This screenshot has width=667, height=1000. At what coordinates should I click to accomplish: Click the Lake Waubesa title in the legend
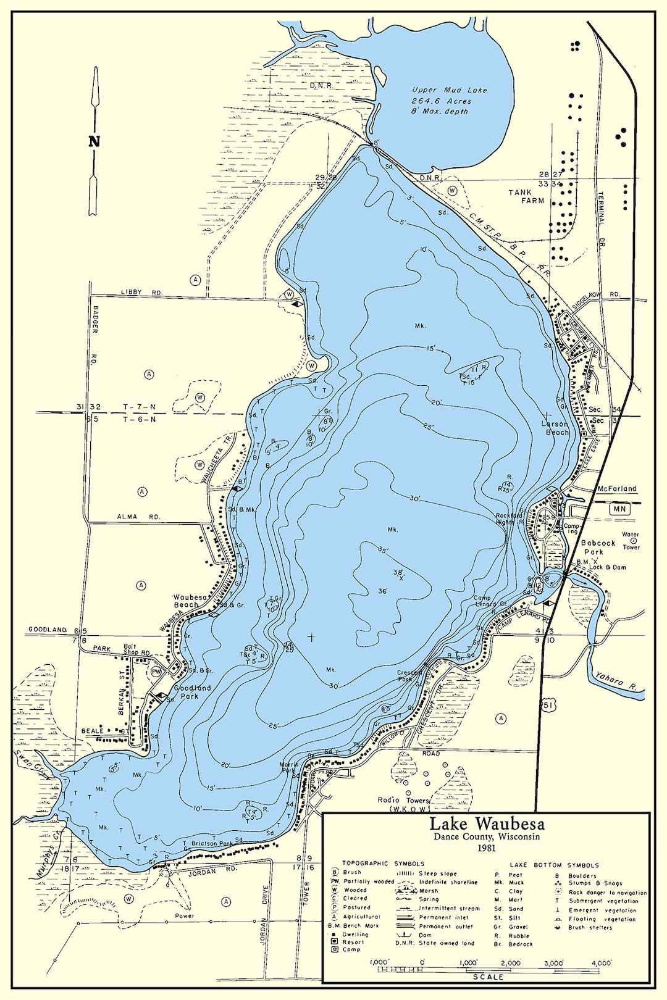pos(487,824)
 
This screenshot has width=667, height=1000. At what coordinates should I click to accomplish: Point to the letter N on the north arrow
pos(94,141)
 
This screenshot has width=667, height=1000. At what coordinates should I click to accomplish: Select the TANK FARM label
pos(526,196)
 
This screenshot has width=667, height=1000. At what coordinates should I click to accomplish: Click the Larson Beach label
pos(555,428)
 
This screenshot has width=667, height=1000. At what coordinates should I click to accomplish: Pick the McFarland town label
pos(616,488)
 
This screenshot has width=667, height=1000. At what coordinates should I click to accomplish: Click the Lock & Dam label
pos(607,567)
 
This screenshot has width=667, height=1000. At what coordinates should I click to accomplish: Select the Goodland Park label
pos(192,691)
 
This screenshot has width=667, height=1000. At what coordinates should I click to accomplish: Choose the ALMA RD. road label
pos(139,517)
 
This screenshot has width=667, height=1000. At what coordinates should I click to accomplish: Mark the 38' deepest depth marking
pos(399,573)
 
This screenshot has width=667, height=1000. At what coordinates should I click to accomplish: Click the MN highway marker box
pos(619,509)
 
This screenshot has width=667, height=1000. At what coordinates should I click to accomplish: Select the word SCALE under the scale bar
pos(488,977)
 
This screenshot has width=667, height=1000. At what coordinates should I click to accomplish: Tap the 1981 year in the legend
pos(487,848)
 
